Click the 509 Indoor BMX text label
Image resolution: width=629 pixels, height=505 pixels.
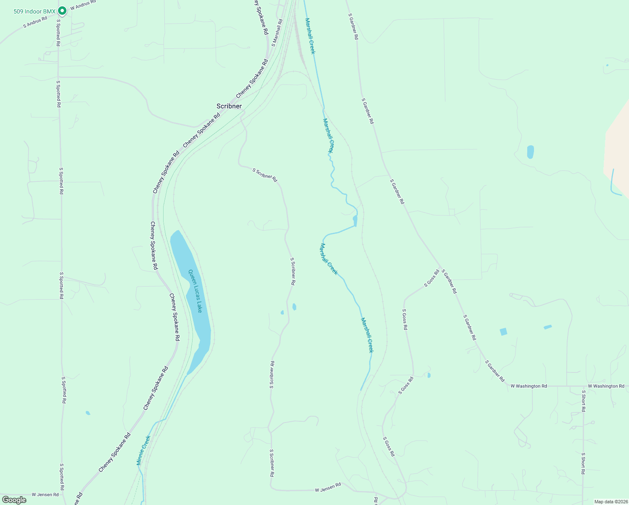[34, 11]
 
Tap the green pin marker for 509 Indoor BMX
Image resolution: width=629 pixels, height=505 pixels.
[62, 11]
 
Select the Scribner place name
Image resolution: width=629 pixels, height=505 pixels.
[229, 106]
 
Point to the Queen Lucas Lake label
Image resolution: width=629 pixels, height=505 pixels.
[195, 291]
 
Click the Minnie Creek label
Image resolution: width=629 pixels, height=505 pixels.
[143, 450]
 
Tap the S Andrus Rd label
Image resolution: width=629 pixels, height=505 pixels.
[35, 22]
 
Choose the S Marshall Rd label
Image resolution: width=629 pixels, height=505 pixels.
[276, 33]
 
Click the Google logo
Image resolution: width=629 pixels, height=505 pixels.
[14, 500]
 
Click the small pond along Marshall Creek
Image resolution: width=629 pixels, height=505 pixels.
[355, 220]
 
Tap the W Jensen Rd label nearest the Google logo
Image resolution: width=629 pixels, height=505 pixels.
[45, 494]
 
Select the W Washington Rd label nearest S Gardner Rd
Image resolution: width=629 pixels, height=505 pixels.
[529, 386]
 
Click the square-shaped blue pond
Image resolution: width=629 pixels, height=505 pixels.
[503, 332]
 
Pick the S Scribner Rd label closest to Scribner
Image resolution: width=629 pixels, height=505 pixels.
[265, 175]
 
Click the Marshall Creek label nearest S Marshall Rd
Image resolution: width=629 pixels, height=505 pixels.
[310, 36]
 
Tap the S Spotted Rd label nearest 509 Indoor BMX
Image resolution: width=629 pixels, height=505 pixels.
[58, 32]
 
